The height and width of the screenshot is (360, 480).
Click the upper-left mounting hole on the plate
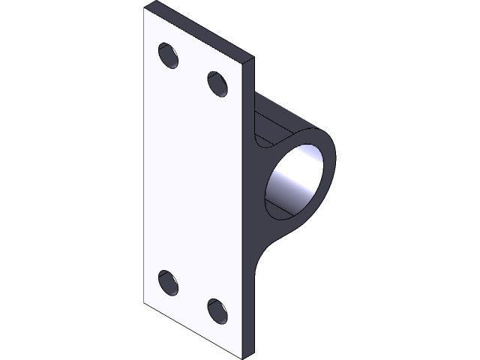[x=169, y=56]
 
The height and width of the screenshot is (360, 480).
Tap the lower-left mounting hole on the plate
[x=169, y=283]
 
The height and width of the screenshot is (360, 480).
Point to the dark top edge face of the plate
[x=202, y=30]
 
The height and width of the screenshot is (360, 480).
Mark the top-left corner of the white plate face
[x=145, y=10]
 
